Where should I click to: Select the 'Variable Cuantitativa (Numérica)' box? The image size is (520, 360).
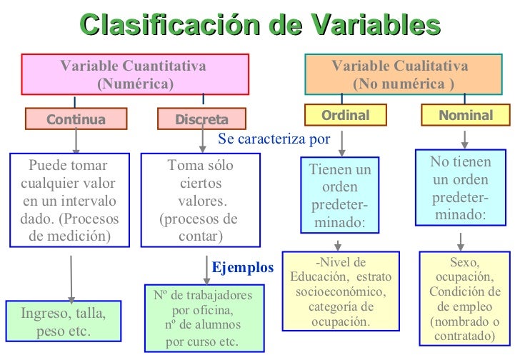(x=135, y=74)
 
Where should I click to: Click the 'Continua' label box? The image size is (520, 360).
(x=76, y=119)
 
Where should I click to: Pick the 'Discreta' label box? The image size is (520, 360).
(x=201, y=119)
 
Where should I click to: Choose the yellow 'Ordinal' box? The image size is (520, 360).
(x=345, y=115)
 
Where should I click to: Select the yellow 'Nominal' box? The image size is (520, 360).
(x=466, y=115)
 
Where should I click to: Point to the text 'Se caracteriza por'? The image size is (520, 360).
(x=274, y=139)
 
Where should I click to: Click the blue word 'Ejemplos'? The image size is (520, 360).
(x=243, y=268)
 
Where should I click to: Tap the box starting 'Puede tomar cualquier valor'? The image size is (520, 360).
(x=70, y=199)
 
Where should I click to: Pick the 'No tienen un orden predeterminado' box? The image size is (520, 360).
(x=461, y=188)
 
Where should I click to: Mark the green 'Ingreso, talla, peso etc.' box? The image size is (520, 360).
(x=64, y=322)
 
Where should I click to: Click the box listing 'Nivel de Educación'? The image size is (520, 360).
(x=341, y=291)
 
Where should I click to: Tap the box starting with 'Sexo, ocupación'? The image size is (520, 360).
(x=465, y=299)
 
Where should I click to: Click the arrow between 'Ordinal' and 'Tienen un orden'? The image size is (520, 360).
(x=342, y=142)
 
